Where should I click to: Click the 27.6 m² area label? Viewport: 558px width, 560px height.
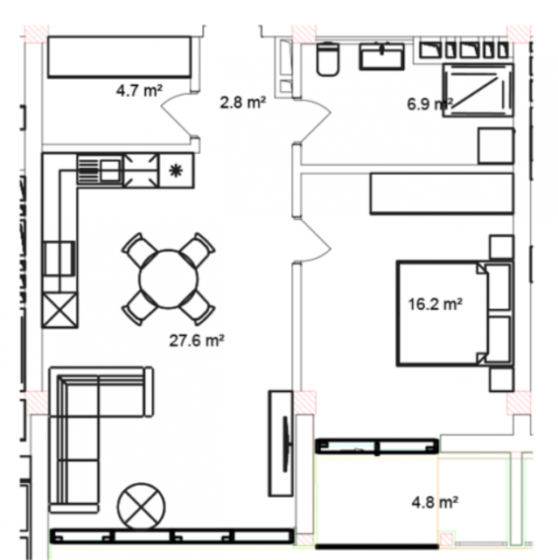tap(197, 340)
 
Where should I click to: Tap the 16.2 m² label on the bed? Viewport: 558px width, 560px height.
tap(436, 304)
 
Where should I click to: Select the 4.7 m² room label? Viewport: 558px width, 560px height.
tap(139, 90)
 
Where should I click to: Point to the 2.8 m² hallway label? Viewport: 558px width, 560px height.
tap(243, 102)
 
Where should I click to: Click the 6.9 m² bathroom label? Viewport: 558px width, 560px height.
tap(430, 104)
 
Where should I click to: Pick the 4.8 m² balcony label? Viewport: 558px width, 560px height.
tap(435, 502)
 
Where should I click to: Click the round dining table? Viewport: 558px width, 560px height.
tap(169, 278)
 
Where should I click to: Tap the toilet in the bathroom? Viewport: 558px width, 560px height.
tap(328, 59)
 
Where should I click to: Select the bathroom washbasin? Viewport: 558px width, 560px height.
tap(381, 56)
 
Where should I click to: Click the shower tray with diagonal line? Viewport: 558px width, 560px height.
tap(478, 90)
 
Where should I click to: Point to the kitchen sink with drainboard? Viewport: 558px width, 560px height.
tap(100, 171)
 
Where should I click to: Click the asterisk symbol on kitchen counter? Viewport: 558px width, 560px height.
tap(176, 171)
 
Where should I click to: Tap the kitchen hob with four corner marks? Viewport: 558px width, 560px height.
tap(142, 171)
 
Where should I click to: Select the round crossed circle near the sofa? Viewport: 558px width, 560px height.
tap(142, 507)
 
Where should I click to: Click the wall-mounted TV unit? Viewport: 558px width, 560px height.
tap(282, 444)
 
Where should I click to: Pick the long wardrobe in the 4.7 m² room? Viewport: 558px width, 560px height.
tap(119, 56)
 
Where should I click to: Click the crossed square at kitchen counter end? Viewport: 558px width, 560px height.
tap(59, 310)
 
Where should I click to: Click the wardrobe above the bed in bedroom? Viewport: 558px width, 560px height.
tap(442, 193)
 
